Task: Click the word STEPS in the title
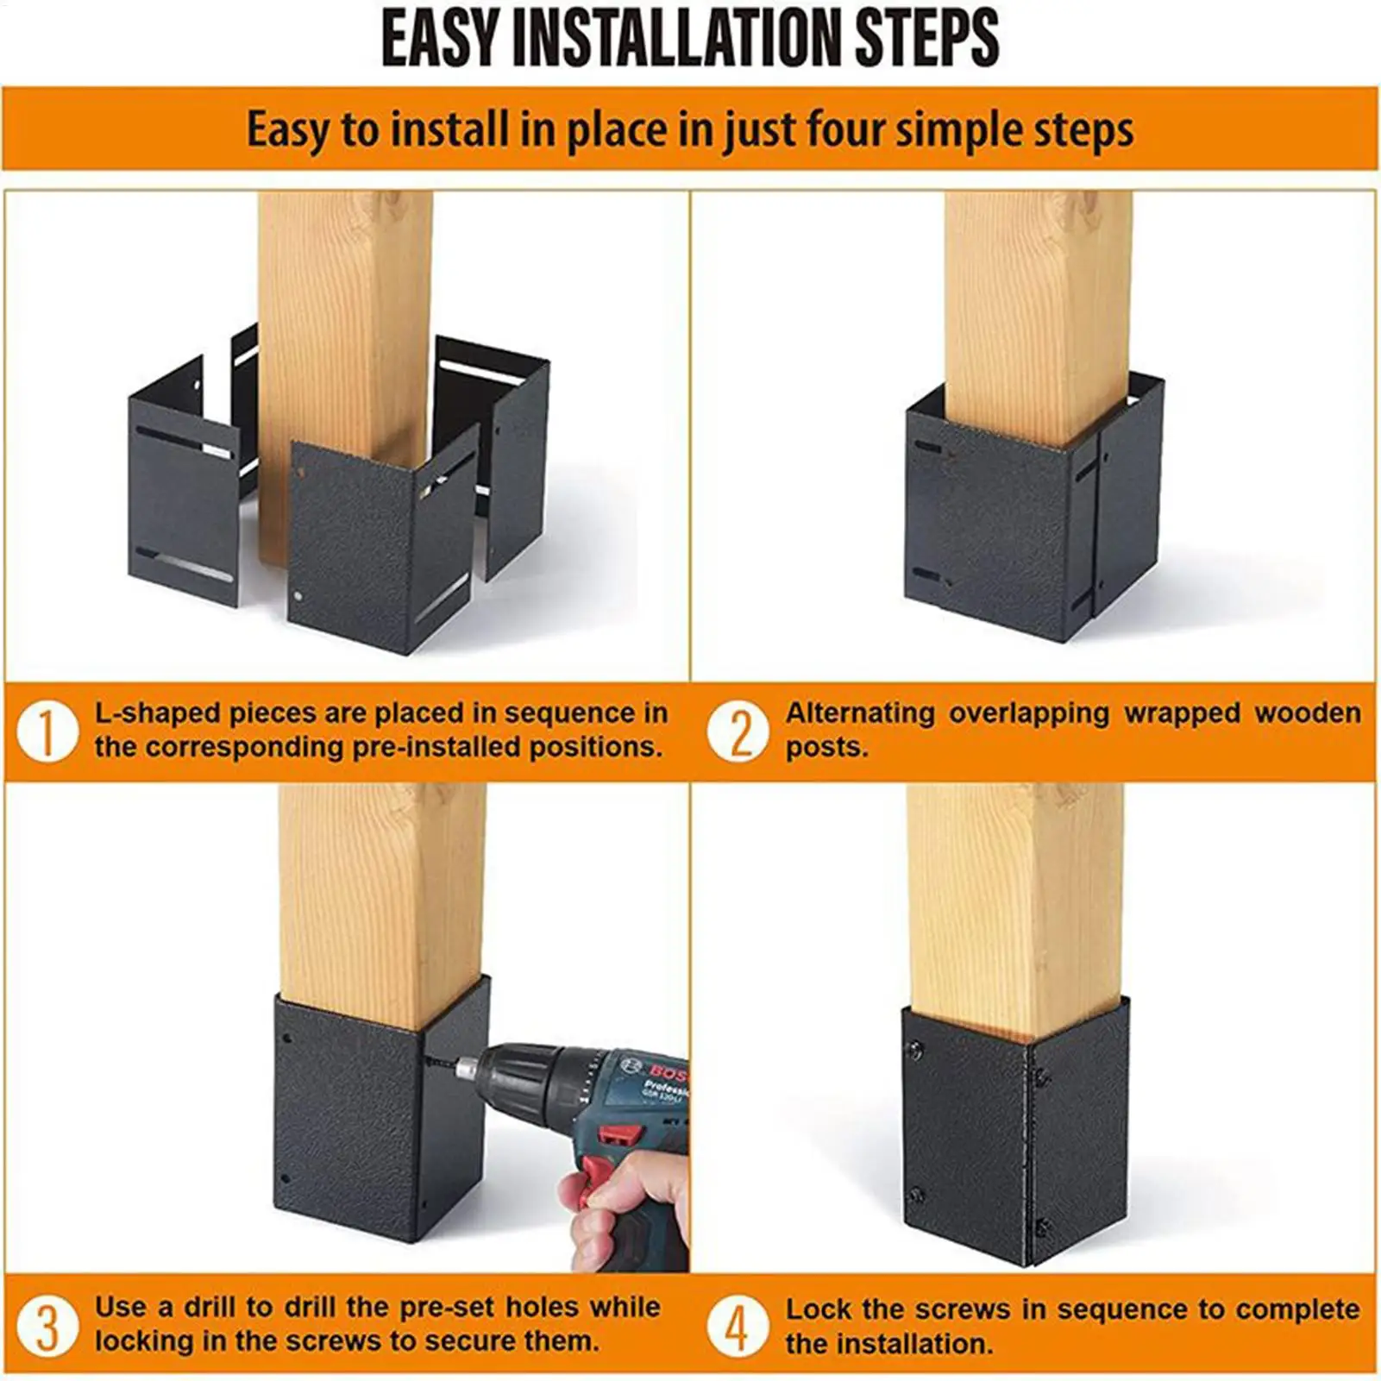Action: coord(927,39)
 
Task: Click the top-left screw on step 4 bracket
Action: coord(916,1049)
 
